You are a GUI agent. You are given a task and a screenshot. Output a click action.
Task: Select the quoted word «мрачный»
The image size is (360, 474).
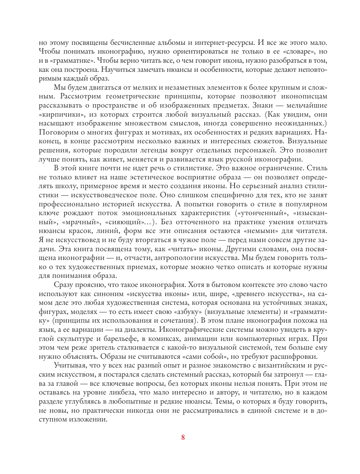[82, 222]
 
